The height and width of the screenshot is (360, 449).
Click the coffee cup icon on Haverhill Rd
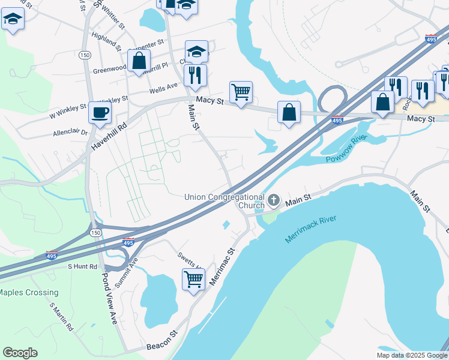click(100, 112)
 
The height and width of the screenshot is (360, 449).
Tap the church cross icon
click(274, 200)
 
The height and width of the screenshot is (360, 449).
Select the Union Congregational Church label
click(224, 201)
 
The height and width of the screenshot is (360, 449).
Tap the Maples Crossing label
click(29, 293)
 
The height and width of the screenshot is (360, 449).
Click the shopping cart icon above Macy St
click(241, 92)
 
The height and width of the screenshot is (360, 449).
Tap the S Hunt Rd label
click(82, 266)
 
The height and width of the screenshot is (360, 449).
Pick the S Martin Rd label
click(61, 316)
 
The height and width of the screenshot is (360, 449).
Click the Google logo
click(20, 353)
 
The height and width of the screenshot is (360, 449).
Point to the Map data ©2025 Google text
click(411, 355)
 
